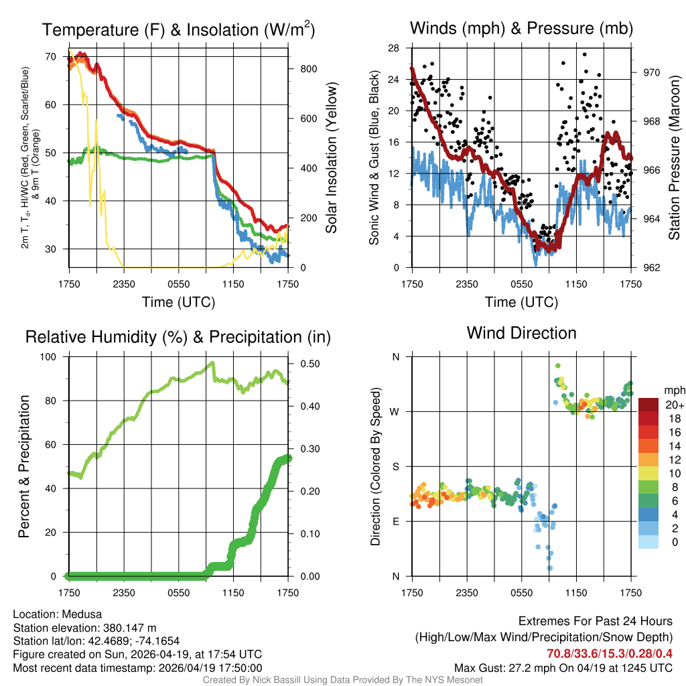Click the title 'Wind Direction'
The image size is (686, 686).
coord(521,333)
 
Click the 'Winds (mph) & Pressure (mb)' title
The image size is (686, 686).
coord(521,29)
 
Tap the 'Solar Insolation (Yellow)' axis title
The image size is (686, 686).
coord(331,158)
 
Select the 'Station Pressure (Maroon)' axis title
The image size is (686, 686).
coord(674,158)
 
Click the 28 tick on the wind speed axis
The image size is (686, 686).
coord(394,48)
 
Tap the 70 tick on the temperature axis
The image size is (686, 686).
coord(50,56)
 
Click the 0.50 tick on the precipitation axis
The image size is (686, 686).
coord(305,364)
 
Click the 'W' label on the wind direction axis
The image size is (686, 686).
coord(395,411)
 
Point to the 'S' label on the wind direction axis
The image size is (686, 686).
coord(396,466)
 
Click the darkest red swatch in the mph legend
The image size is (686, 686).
coord(648,405)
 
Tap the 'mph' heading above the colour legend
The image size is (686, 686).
coord(673,390)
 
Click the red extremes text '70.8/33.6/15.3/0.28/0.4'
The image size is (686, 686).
coord(610,653)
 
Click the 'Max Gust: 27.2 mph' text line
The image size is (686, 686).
coord(563,667)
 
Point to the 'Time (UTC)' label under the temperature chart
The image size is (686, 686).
coord(178,302)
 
